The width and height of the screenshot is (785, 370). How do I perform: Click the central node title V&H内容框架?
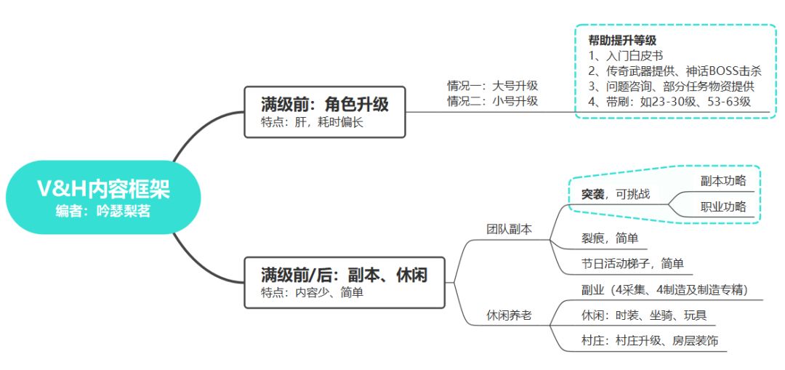[104, 189]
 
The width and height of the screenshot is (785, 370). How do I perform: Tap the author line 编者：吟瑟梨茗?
[103, 212]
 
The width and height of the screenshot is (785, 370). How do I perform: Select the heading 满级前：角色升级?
[324, 104]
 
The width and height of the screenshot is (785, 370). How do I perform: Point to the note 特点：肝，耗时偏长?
[312, 123]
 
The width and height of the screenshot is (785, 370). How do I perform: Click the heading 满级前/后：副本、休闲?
[344, 274]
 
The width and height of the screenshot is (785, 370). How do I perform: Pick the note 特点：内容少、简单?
[312, 293]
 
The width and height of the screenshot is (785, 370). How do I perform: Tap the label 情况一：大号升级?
[493, 85]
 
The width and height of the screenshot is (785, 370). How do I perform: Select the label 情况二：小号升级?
[493, 101]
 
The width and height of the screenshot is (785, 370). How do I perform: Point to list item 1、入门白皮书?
[626, 55]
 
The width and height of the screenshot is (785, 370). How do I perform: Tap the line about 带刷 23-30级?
[669, 102]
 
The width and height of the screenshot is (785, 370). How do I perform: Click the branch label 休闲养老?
[510, 315]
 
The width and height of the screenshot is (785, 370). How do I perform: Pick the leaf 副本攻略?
[723, 181]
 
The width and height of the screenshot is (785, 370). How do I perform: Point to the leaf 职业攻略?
[723, 206]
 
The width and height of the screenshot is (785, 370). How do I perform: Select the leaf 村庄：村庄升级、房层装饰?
[650, 341]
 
